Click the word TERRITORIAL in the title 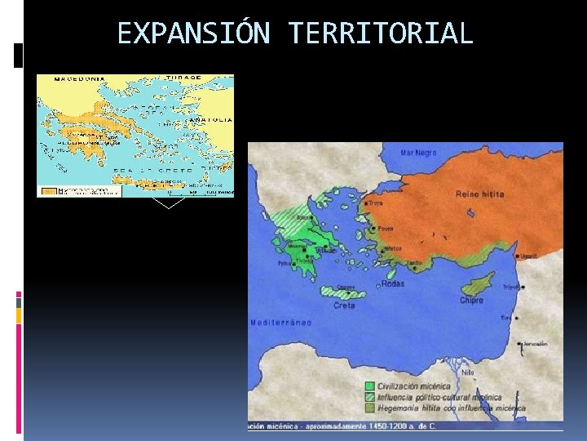point(380,33)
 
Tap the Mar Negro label point(418,152)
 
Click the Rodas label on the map point(391,284)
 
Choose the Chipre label point(471,300)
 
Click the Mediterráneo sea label point(281,323)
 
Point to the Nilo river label point(467,372)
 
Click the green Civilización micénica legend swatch point(370,386)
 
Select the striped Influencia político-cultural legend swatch point(370,396)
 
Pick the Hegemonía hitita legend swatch point(370,406)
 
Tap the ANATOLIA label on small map point(210,119)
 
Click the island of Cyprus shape point(478,286)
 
